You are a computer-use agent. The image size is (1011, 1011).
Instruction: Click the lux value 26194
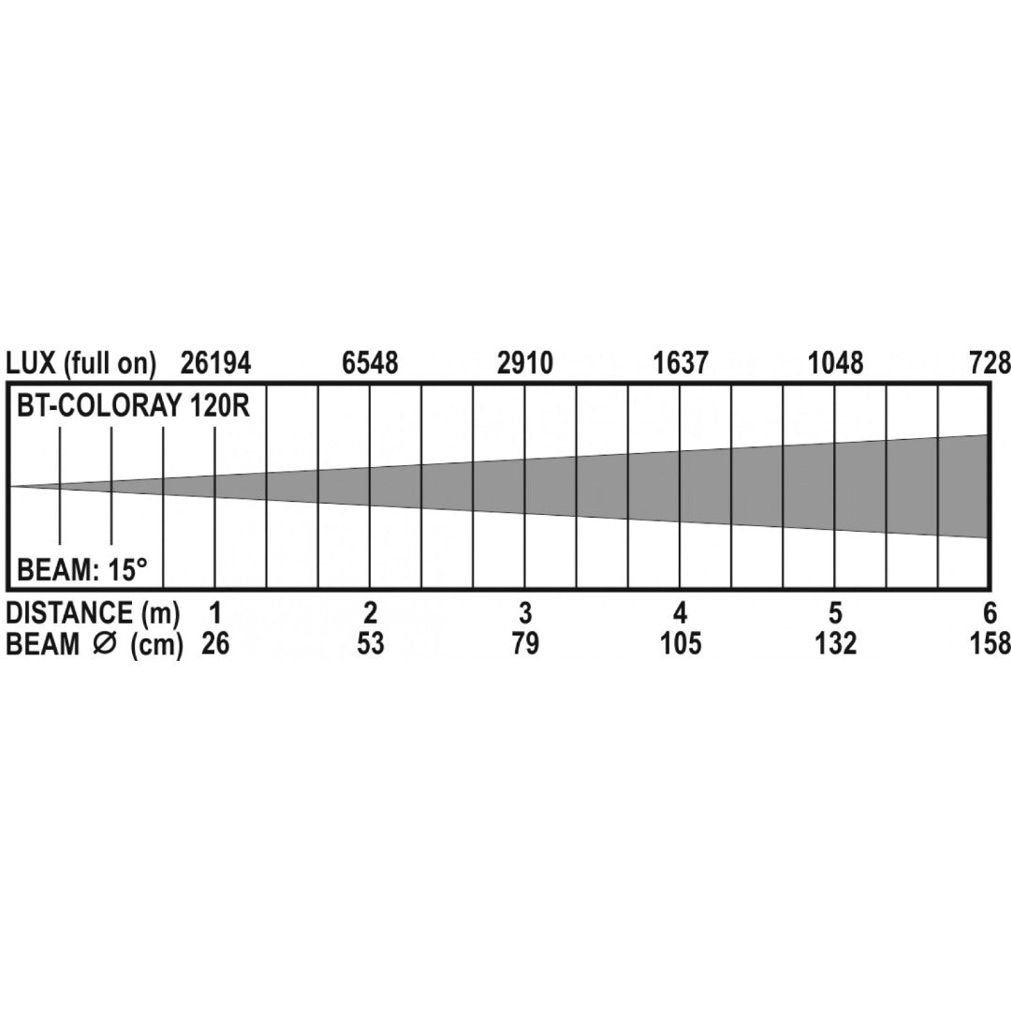(215, 363)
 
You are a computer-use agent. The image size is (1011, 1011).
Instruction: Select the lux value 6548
(370, 363)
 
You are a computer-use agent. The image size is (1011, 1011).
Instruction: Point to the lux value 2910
(525, 363)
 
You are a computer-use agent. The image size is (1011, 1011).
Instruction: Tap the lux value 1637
(681, 363)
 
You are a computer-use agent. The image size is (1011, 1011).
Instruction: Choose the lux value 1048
(836, 363)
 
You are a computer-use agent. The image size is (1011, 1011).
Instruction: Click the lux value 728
(989, 363)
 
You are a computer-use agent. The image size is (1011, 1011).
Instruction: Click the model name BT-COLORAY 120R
(133, 407)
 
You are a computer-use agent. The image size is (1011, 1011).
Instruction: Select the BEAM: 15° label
(81, 570)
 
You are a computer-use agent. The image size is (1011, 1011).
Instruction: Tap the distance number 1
(215, 612)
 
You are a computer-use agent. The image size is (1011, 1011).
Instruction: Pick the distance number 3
(525, 612)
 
